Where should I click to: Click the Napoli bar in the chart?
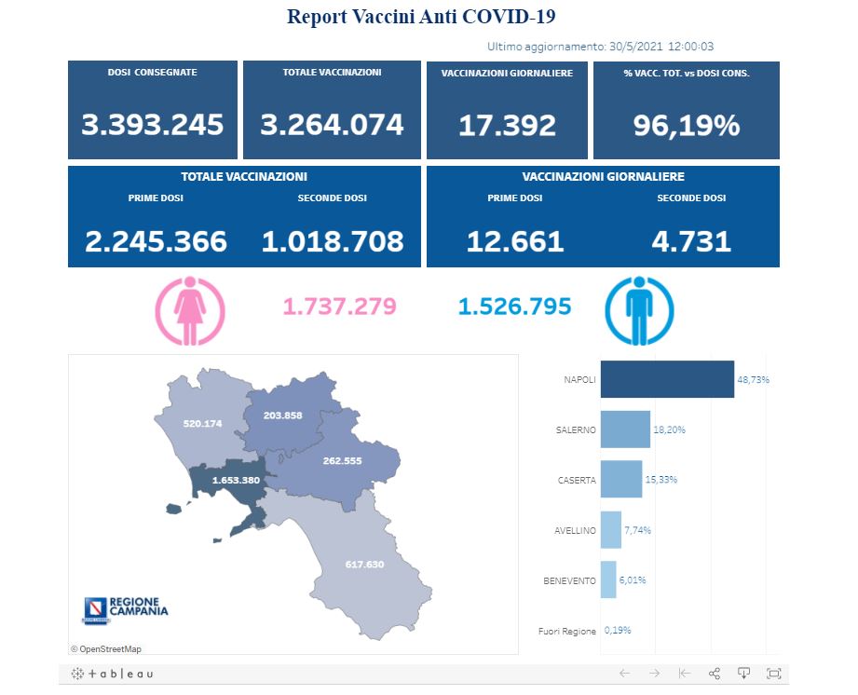tap(667, 379)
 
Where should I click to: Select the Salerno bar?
tap(625, 429)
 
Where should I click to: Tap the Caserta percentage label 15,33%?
tap(661, 480)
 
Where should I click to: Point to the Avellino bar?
tap(611, 530)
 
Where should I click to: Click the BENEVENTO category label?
tap(569, 580)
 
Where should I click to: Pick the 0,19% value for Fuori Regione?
tap(617, 631)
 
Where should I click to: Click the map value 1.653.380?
tap(229, 481)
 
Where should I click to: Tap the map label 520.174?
tap(203, 424)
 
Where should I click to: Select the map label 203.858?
tap(283, 415)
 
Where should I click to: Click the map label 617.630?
tap(364, 564)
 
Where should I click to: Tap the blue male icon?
tap(638, 307)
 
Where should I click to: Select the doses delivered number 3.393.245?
tap(153, 125)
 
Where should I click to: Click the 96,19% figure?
tap(687, 125)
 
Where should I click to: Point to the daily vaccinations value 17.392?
tap(507, 125)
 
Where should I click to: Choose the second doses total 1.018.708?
tap(333, 241)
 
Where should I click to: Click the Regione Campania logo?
tap(127, 610)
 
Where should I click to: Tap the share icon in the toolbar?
tap(715, 674)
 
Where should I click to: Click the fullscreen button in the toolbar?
tap(774, 674)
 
